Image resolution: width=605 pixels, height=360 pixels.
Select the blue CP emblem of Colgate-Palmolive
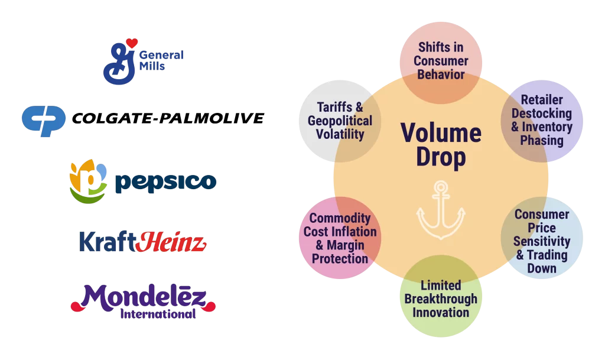tap(44, 121)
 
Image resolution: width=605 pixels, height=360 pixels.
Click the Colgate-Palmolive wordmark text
tap(167, 119)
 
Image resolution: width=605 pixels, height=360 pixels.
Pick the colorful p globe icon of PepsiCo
tap(89, 181)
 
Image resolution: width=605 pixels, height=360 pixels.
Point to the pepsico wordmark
tap(165, 182)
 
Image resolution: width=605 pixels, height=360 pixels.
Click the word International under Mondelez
tap(158, 314)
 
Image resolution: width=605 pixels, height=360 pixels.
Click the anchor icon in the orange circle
tap(441, 210)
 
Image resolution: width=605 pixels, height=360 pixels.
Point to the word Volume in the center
tap(441, 132)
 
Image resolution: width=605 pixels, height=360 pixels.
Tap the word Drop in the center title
tap(441, 158)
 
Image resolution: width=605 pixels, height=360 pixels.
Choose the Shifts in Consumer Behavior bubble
tap(441, 61)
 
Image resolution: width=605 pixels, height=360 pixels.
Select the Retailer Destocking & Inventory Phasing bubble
tap(542, 120)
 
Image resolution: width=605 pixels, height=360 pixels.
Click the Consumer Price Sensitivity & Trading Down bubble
tap(542, 241)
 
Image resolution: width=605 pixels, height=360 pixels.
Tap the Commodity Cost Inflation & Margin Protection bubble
tap(340, 238)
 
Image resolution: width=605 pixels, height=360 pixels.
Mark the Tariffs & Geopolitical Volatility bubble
tap(340, 121)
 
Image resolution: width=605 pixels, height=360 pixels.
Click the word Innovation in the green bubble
tap(441, 313)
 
